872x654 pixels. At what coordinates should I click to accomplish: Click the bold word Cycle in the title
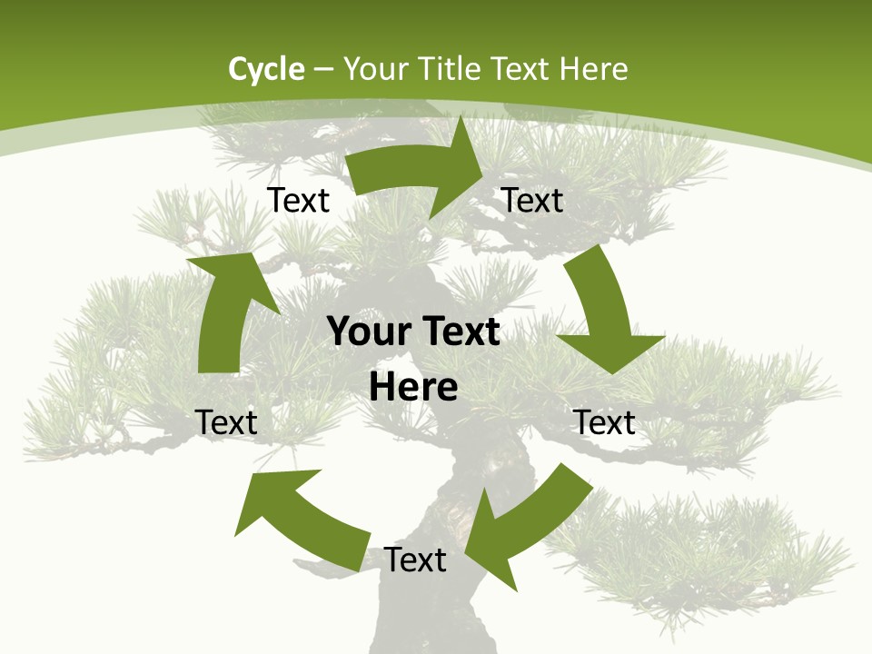[x=266, y=69]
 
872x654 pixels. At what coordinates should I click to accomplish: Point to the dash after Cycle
[x=323, y=70]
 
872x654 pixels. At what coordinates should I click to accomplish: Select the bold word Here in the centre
[x=413, y=388]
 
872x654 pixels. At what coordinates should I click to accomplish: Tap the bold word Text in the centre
[x=456, y=332]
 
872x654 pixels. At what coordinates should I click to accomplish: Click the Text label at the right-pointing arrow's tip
[x=532, y=200]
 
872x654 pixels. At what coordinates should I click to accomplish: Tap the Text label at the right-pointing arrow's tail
[x=298, y=200]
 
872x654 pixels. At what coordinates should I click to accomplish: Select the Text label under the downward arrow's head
[x=604, y=422]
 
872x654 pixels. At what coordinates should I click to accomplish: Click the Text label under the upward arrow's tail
[x=226, y=422]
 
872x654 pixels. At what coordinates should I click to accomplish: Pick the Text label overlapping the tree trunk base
[x=415, y=560]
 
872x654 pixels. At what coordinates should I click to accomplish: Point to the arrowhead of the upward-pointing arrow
[x=233, y=272]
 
